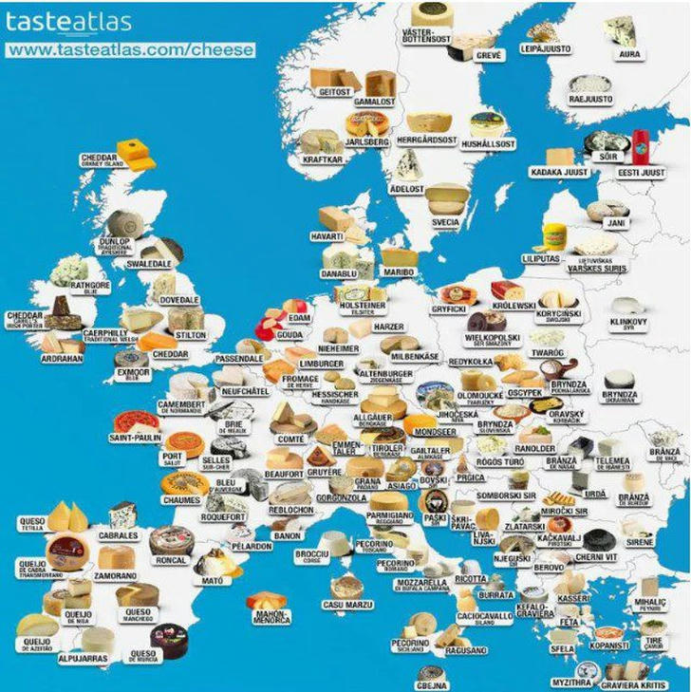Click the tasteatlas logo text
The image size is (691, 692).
[68, 22]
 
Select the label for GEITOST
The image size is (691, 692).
[335, 92]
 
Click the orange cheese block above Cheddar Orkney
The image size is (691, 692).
[135, 153]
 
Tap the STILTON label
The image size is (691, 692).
[192, 335]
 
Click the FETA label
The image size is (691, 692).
[570, 623]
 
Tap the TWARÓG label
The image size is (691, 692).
[548, 352]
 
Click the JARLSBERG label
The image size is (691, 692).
[366, 141]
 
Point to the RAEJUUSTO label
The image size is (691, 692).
[589, 98]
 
